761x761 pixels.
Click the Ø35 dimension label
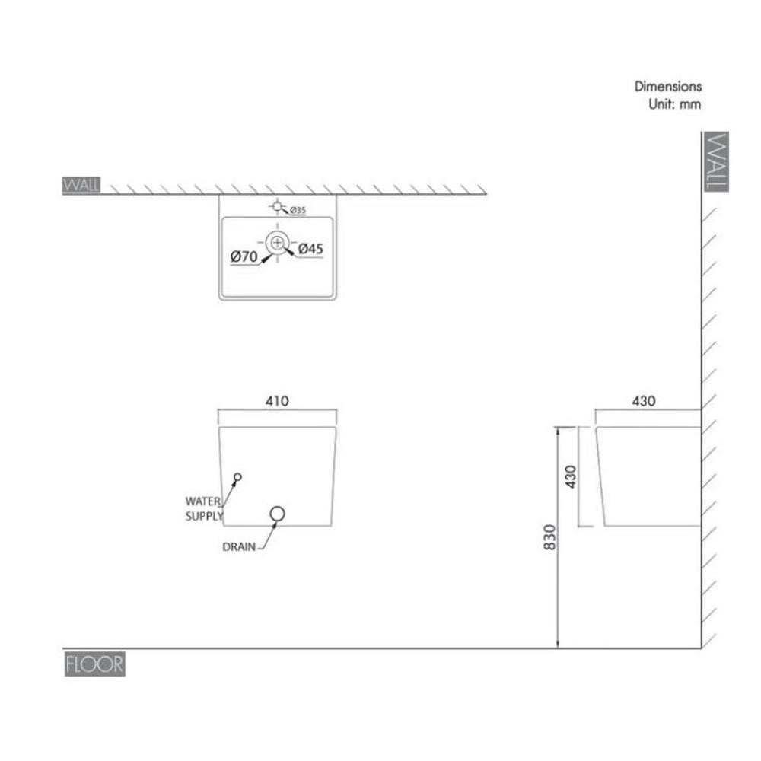click(297, 211)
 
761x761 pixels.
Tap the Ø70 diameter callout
click(244, 257)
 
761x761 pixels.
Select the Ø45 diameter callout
click(311, 248)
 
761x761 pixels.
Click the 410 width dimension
click(277, 400)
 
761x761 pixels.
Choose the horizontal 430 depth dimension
click(643, 400)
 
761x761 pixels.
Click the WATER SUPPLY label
click(205, 508)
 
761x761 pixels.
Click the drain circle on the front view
click(278, 515)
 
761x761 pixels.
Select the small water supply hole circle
click(237, 477)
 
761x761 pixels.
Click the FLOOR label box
click(94, 664)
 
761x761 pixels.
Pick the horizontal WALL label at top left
click(81, 186)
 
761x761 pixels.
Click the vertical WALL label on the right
click(717, 161)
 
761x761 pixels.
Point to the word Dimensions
click(668, 87)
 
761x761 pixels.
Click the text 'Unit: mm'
click(674, 104)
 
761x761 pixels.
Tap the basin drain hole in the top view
click(278, 243)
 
